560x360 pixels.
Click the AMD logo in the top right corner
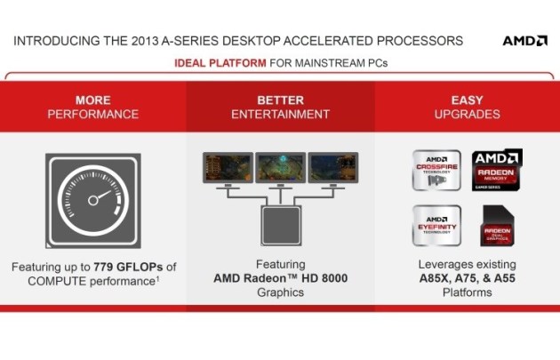(x=524, y=41)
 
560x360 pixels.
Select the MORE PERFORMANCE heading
(x=93, y=107)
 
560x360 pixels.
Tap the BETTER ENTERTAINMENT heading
(x=280, y=107)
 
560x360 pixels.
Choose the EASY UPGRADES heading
(x=467, y=107)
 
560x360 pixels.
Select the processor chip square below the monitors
(x=281, y=226)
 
